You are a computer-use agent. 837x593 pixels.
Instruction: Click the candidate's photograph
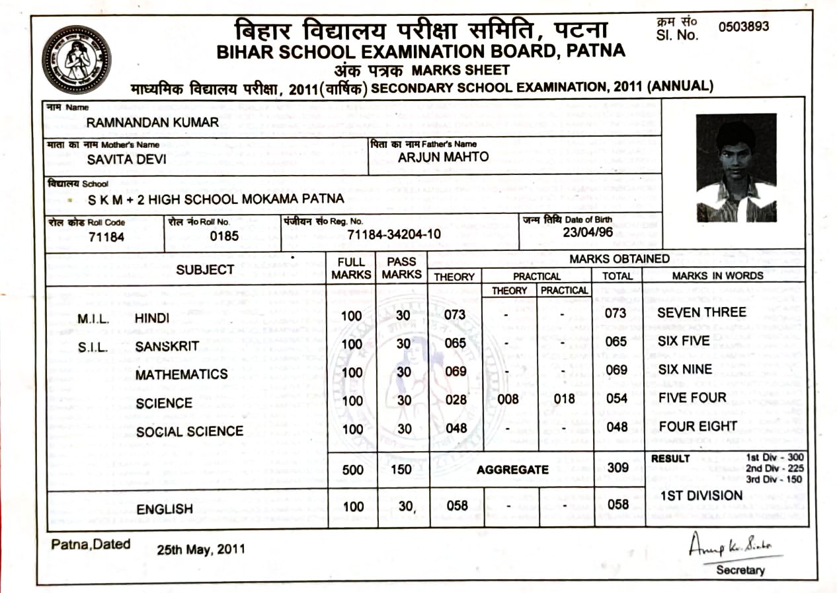(x=736, y=168)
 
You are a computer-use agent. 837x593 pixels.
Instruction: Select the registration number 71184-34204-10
(x=394, y=234)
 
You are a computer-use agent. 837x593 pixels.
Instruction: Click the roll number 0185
(x=224, y=236)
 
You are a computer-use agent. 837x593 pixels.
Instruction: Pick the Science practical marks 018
(x=563, y=399)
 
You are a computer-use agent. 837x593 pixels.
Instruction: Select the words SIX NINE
(x=685, y=369)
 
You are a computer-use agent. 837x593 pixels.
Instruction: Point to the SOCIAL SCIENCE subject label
(x=190, y=432)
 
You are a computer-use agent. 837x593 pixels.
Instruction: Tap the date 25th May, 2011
(x=201, y=549)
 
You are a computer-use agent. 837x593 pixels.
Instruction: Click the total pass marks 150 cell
(x=401, y=470)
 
